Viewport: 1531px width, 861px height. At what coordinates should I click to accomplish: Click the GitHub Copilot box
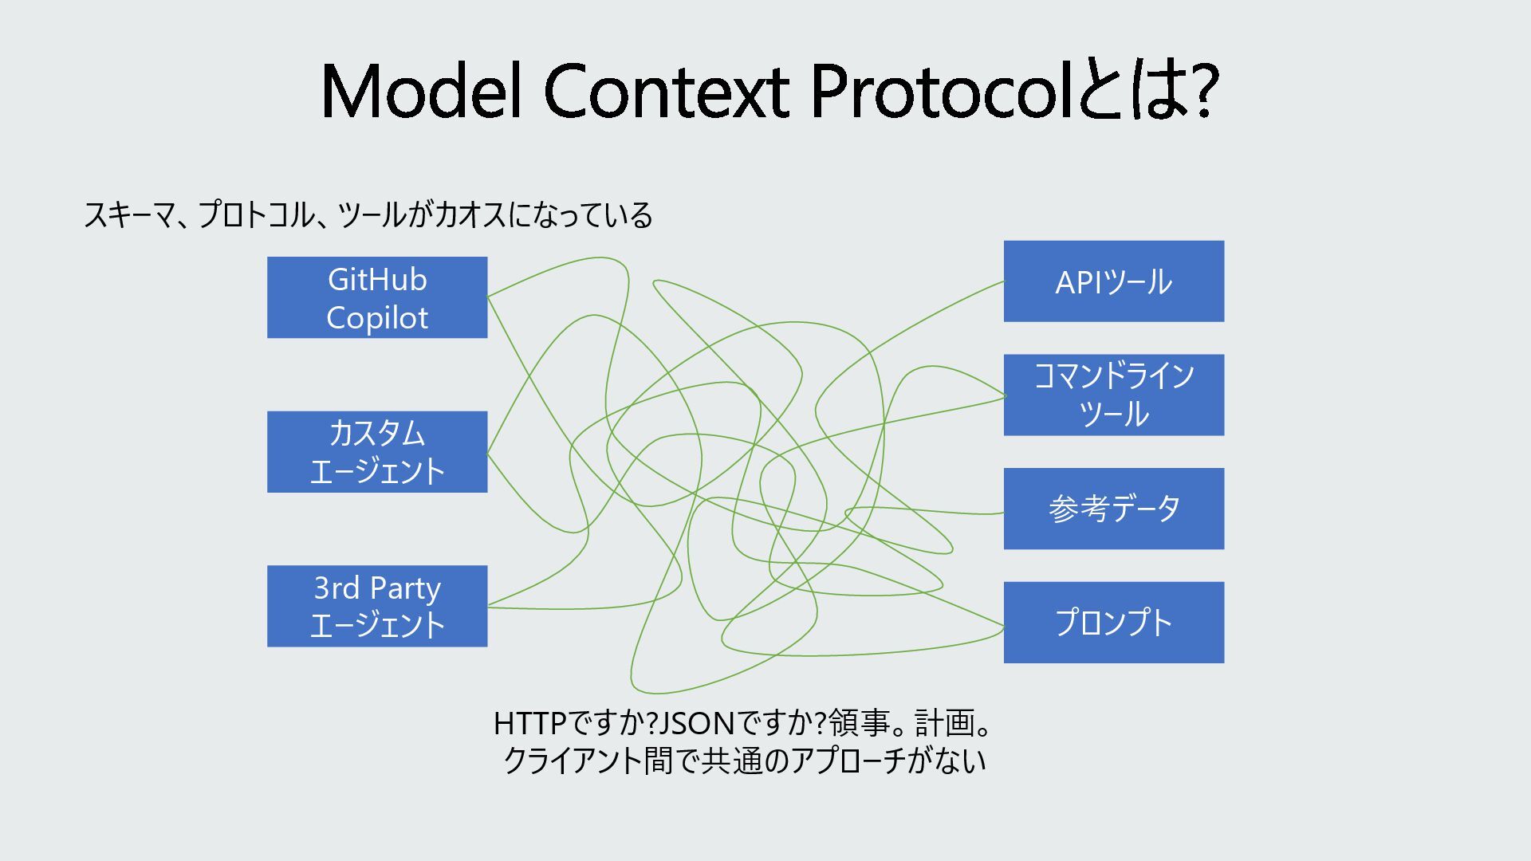[x=376, y=297]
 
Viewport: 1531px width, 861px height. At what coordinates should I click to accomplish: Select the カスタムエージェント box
[x=376, y=452]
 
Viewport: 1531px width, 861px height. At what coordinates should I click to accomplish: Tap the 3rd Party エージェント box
[x=376, y=606]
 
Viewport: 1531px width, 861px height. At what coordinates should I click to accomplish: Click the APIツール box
[x=1113, y=281]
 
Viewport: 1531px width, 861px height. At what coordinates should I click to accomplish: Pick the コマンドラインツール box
[x=1113, y=395]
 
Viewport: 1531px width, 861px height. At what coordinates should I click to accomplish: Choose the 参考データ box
[x=1113, y=509]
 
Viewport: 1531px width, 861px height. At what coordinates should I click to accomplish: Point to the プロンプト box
[x=1113, y=623]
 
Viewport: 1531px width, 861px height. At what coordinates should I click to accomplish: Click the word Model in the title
[x=422, y=91]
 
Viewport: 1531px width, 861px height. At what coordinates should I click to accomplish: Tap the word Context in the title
[x=667, y=91]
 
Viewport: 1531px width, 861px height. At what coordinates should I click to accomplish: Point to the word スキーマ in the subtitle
[x=128, y=215]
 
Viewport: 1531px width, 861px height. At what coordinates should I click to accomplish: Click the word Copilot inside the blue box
[x=377, y=318]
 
